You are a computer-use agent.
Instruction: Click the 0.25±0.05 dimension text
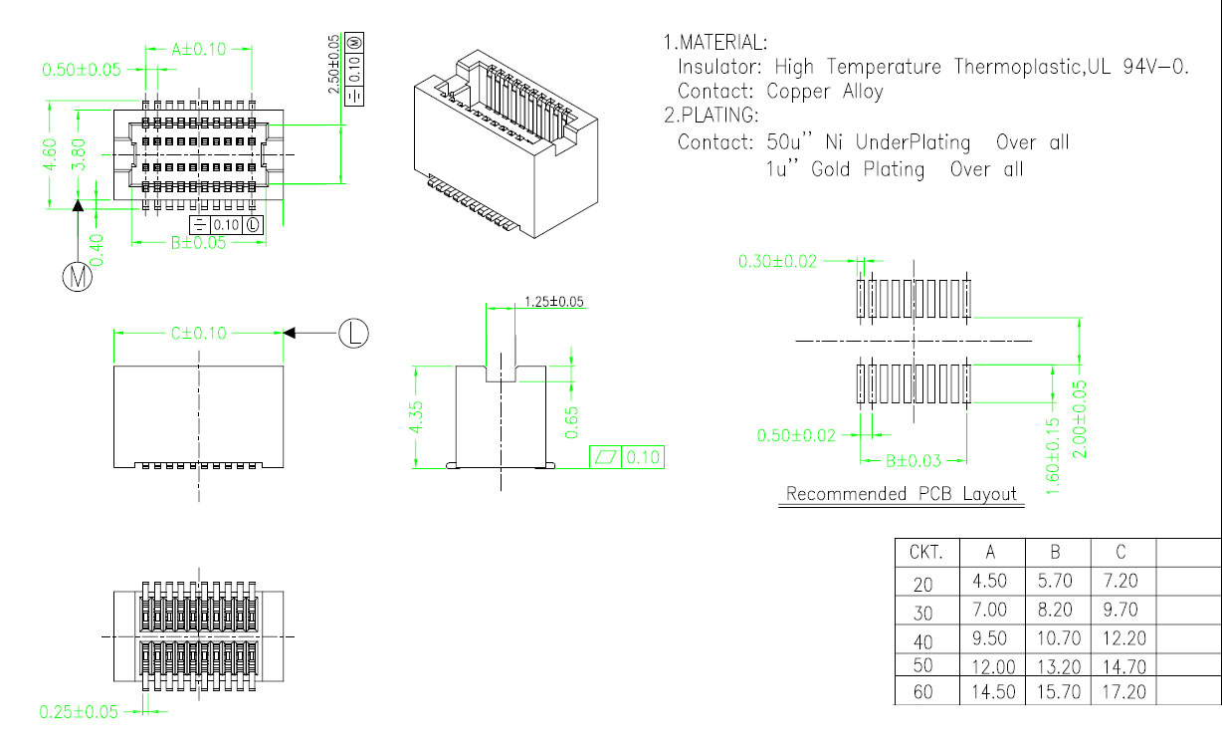[x=79, y=711]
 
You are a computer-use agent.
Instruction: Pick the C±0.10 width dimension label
[x=198, y=334]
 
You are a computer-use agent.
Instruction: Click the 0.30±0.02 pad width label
[x=777, y=261]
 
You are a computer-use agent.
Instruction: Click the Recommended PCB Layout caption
[x=902, y=494]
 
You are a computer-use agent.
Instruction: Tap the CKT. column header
[x=926, y=553]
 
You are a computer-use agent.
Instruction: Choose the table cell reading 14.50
[x=989, y=691]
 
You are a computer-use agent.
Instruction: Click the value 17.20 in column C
[x=1121, y=691]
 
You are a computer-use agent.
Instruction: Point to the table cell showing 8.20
[x=1056, y=610]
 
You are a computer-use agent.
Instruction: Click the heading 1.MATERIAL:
[x=715, y=43]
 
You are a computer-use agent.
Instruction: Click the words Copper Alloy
[x=825, y=92]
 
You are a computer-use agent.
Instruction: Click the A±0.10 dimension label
[x=198, y=48]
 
